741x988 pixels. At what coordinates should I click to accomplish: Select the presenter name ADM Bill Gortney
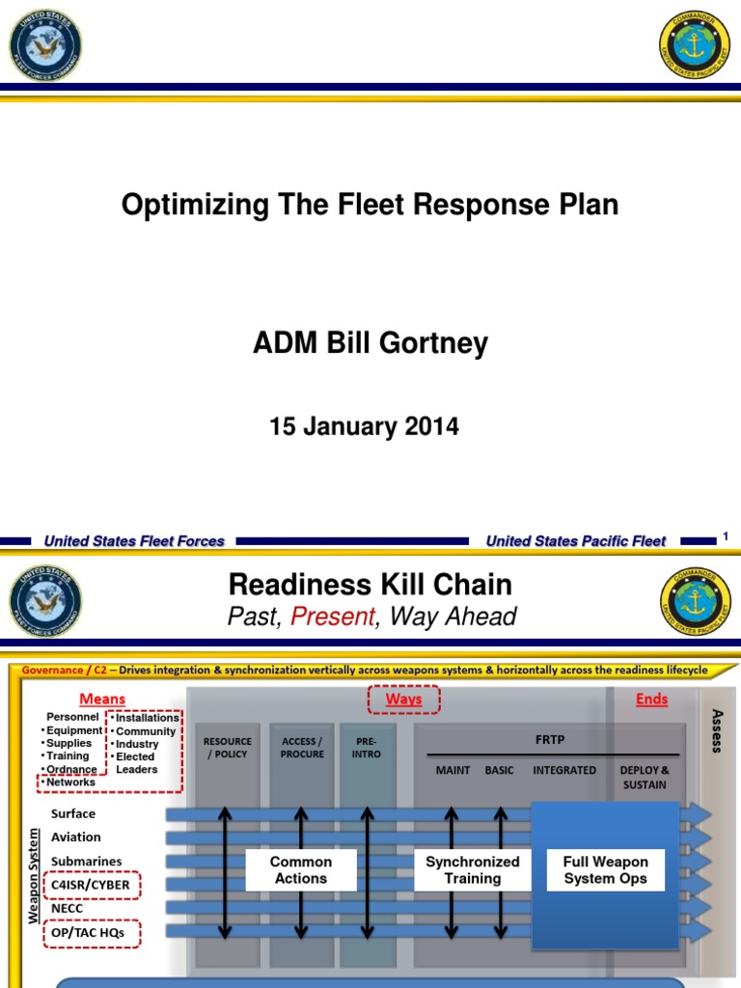(370, 343)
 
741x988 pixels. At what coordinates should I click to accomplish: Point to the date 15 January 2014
(364, 426)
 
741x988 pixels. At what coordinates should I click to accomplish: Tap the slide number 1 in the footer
(725, 537)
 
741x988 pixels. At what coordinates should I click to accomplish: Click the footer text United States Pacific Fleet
(576, 541)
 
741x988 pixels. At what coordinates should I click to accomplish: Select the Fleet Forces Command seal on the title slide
(44, 44)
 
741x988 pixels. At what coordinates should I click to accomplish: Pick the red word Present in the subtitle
(333, 617)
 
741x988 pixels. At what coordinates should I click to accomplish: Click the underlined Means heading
(101, 700)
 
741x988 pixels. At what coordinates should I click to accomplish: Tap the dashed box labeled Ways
(403, 700)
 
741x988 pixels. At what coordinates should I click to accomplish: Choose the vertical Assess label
(716, 730)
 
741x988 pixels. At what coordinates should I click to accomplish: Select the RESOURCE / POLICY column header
(228, 748)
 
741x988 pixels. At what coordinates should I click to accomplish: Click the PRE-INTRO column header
(368, 748)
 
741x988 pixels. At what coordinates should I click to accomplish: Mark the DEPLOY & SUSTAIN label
(645, 777)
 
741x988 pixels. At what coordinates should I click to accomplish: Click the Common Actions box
(300, 870)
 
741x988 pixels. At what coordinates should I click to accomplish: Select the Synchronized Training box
(473, 870)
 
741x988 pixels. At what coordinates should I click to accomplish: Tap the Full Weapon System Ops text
(606, 870)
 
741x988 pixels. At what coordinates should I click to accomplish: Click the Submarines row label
(87, 861)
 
